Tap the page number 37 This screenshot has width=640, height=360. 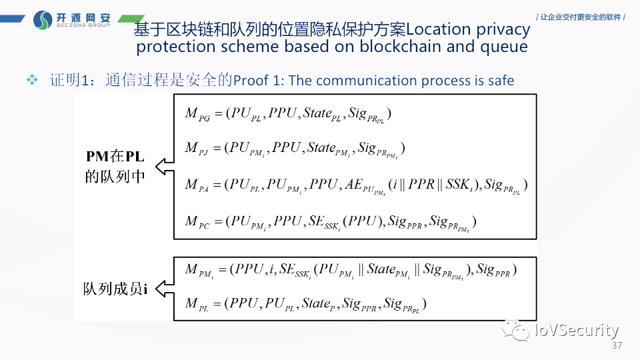(x=616, y=345)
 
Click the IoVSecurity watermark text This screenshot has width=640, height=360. (x=576, y=330)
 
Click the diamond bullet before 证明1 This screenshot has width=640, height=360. (x=31, y=80)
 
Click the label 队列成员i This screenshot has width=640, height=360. (x=115, y=289)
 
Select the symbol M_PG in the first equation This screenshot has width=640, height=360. (x=197, y=114)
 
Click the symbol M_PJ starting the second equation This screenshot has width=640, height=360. (x=197, y=149)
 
